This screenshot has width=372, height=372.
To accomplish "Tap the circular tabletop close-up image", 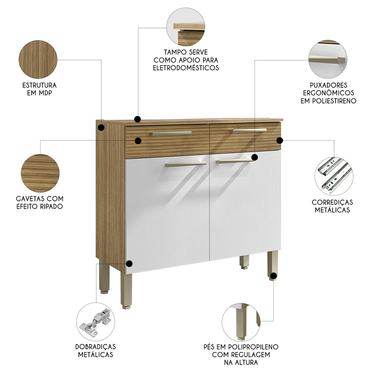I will pos(186,27).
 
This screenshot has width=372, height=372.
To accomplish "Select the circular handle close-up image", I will pos(327,60).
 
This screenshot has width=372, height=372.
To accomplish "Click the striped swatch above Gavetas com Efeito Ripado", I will pos(40,173).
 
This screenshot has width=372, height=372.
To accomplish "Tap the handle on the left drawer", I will pos(170,133).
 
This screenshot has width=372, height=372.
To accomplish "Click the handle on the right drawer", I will pos(248,131).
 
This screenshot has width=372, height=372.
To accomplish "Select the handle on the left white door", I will pos(186,164).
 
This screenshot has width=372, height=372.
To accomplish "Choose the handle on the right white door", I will pos(234,161).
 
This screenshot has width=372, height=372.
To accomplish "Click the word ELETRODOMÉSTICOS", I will pos(186,68).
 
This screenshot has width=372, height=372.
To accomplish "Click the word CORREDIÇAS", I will pos(332,202).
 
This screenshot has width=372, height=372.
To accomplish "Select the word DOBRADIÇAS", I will pos(96,346).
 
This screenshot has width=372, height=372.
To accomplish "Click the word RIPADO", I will pos(50,206).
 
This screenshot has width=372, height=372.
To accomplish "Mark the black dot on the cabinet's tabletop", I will pos(137,119).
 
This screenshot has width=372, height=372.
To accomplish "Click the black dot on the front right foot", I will pos(273,276).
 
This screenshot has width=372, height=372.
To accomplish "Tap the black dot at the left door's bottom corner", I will pos(129,264).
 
